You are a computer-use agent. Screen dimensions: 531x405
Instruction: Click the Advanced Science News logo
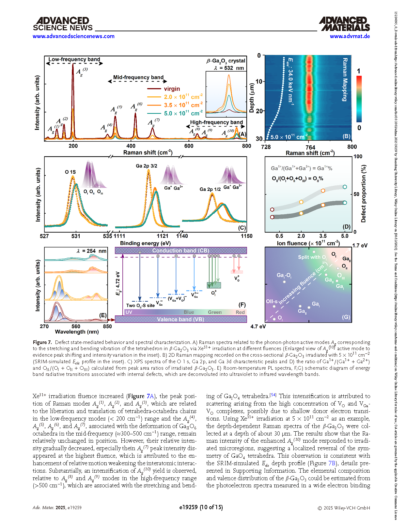pos(63,24)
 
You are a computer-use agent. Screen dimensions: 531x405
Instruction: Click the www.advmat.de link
pos(350,36)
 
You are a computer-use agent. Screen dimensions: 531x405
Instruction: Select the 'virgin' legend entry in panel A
pos(172,89)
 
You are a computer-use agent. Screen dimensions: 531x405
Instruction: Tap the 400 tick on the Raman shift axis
pos(131,146)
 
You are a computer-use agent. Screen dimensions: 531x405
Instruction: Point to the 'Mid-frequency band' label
pos(138,77)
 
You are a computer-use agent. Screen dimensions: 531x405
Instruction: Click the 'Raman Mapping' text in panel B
pos(345,80)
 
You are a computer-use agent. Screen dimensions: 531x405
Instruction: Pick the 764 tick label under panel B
pos(310,147)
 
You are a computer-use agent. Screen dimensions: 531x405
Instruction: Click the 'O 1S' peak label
pos(70,172)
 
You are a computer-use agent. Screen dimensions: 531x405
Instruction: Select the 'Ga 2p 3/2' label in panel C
pos(147,166)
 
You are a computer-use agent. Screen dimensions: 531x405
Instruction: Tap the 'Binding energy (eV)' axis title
pos(145,243)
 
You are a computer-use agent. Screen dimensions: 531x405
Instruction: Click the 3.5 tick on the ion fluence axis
pos(323,236)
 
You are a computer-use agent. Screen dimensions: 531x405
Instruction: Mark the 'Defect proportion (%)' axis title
pos(364,194)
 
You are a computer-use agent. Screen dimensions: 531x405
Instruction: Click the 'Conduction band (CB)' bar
pos(180,251)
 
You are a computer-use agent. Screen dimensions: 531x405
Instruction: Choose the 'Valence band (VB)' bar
pos(180,319)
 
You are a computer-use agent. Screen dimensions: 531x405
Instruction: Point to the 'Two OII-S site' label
pos(140,306)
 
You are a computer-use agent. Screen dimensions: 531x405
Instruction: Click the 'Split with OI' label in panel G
pos(312,257)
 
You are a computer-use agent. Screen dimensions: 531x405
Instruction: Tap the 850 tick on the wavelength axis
pos(107,326)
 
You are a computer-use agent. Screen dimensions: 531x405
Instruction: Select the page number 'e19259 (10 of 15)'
pos(201,507)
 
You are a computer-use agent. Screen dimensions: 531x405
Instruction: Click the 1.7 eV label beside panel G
pos(360,246)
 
